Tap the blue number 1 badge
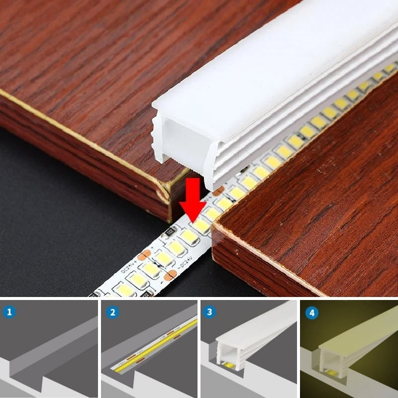click(x=10, y=312)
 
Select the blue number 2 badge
click(x=112, y=312)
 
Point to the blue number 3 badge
click(x=210, y=312)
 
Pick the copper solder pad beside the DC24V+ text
click(x=144, y=256)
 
